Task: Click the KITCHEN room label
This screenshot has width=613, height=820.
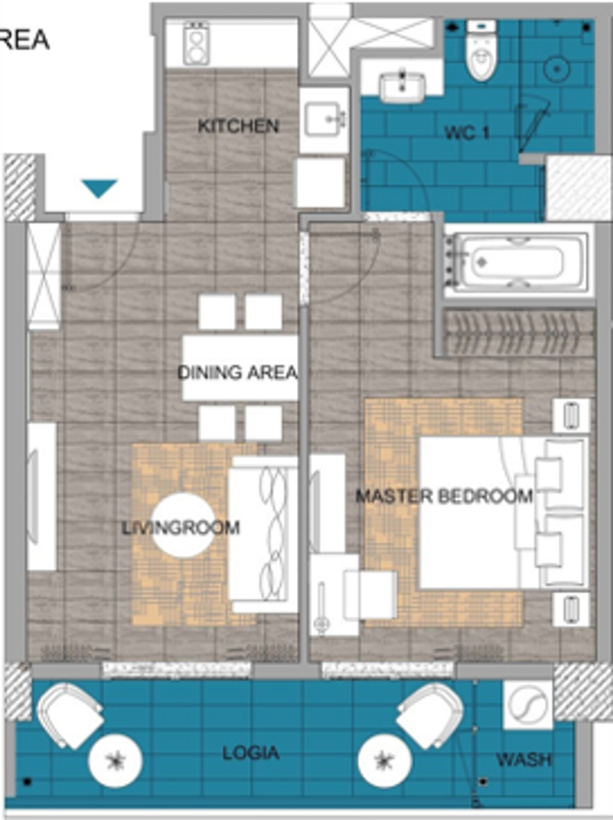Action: (x=238, y=127)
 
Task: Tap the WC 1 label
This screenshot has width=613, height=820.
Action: (x=467, y=133)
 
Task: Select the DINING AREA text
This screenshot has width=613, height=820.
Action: (x=238, y=372)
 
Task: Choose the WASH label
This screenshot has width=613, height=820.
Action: (x=523, y=760)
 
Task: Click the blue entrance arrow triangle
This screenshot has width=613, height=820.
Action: (x=99, y=188)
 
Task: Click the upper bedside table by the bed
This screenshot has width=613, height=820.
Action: (x=571, y=416)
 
